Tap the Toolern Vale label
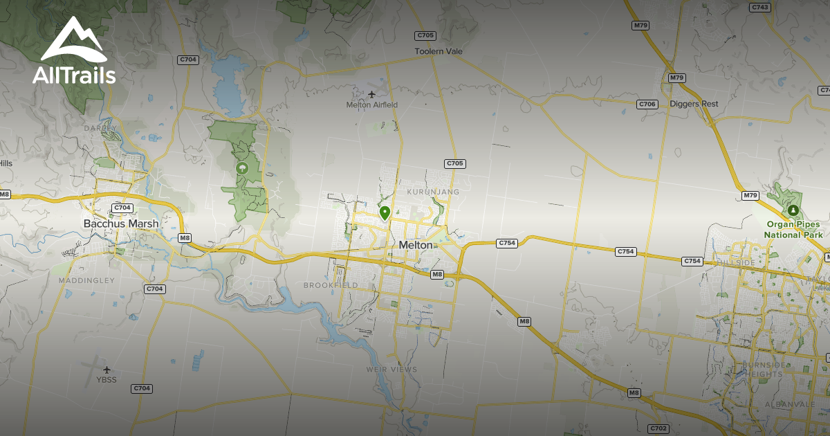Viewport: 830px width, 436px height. pos(439,51)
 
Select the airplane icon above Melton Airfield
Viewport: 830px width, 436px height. pos(373,94)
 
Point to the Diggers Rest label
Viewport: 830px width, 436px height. pos(694,104)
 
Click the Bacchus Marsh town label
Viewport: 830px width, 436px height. pos(121,224)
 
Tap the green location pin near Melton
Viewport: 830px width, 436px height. pos(385,212)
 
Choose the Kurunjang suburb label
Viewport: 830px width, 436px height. pos(433,191)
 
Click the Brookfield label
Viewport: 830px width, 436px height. pos(331,285)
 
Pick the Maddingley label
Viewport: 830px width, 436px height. pos(86,280)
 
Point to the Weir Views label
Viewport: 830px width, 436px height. pos(391,370)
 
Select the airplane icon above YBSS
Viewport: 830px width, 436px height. pos(107,369)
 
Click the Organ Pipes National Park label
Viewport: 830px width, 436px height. pos(793,230)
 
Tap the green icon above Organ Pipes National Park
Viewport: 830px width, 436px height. pos(793,210)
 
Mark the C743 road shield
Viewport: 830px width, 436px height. pos(759,8)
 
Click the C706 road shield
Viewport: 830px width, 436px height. pos(646,104)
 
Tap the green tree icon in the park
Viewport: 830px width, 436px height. pos(241,167)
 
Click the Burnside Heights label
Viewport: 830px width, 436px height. pos(762,370)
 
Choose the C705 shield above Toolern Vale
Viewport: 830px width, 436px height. pos(425,35)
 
